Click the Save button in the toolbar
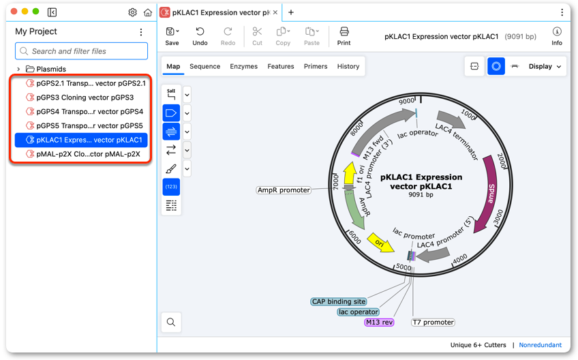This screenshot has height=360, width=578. point(172,36)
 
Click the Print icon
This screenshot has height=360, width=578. point(344,31)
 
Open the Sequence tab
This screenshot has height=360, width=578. point(204,66)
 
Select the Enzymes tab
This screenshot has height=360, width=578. point(243,66)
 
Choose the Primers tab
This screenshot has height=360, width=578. point(316,66)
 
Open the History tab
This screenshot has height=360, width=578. point(348,66)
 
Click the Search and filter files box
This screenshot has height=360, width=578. point(82,51)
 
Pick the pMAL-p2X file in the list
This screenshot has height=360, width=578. point(83,154)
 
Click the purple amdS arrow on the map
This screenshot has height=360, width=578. point(489,193)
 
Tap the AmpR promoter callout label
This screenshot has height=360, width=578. point(284,190)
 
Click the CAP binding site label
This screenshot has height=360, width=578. point(339,302)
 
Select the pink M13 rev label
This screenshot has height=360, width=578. point(379,322)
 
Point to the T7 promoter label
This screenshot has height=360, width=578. point(433,322)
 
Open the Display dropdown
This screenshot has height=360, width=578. point(545,66)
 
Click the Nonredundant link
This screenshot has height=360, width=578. point(540,345)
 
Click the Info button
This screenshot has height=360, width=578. point(557,36)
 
